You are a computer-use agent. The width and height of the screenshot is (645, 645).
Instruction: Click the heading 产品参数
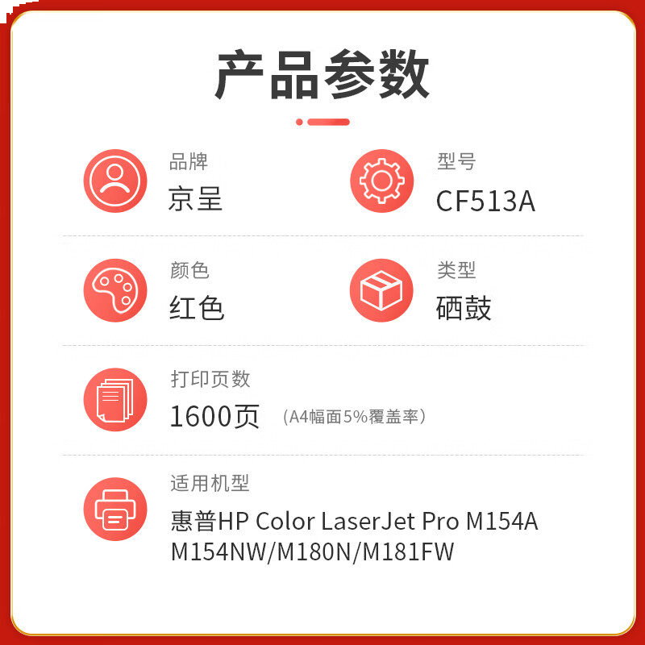[322, 74]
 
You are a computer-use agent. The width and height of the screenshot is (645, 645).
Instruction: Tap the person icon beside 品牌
[115, 181]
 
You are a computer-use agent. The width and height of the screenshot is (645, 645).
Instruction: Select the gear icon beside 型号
[381, 181]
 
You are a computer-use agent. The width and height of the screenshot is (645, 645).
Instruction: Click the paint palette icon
[115, 290]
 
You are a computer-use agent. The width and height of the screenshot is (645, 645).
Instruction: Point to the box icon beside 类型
[381, 290]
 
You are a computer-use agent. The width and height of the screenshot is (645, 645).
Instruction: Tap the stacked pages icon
[115, 399]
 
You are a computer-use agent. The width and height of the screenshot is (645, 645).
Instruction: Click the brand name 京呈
[196, 199]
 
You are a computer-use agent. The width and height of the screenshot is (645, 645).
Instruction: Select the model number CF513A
[485, 201]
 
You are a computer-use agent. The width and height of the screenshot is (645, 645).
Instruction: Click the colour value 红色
[197, 308]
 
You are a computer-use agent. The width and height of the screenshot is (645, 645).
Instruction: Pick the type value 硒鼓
[464, 308]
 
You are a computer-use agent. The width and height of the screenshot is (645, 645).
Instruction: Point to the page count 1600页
[214, 416]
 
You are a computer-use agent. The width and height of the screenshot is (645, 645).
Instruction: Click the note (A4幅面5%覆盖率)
[355, 417]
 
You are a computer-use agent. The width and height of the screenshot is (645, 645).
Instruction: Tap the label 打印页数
[210, 378]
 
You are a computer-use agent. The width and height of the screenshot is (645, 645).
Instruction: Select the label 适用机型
[210, 483]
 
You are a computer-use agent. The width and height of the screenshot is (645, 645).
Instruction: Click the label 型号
[456, 162]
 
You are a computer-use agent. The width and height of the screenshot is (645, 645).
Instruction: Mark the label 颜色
[189, 270]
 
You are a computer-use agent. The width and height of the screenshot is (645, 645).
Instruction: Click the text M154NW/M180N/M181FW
[313, 552]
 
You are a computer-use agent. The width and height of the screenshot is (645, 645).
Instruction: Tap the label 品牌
[189, 162]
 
